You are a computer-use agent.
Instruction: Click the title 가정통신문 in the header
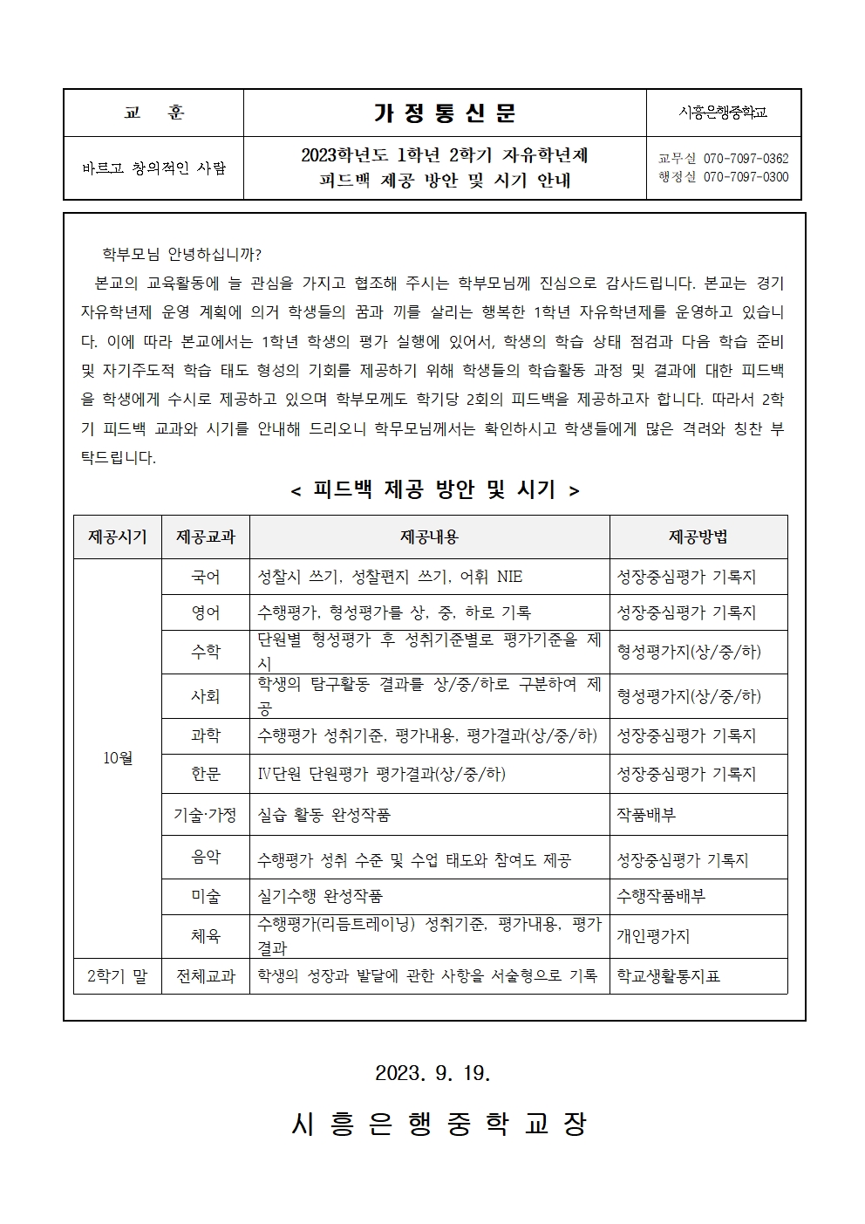point(445,113)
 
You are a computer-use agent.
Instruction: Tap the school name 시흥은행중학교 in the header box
point(723,113)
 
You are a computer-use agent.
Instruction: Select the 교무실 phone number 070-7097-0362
point(746,159)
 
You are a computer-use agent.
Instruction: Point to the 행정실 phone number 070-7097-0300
point(746,177)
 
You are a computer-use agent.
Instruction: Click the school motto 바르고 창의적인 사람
point(153,168)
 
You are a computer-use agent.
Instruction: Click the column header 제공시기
point(118,537)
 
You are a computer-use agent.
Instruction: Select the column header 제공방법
point(698,537)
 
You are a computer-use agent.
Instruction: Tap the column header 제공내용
point(429,537)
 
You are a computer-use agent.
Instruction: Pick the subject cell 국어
point(206,577)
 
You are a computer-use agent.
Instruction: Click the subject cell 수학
point(206,652)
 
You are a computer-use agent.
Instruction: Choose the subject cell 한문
point(206,774)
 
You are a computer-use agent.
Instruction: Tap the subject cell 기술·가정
point(206,815)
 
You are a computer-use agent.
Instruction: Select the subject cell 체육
point(206,936)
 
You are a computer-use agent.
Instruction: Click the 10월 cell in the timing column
point(118,758)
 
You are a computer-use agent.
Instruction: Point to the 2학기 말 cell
point(118,976)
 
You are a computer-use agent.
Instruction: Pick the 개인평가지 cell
point(653,936)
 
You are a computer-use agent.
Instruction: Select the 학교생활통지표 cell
point(669,976)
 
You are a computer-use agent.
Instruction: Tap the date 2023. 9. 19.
point(433,1073)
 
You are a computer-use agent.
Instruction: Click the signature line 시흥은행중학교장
point(439,1124)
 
